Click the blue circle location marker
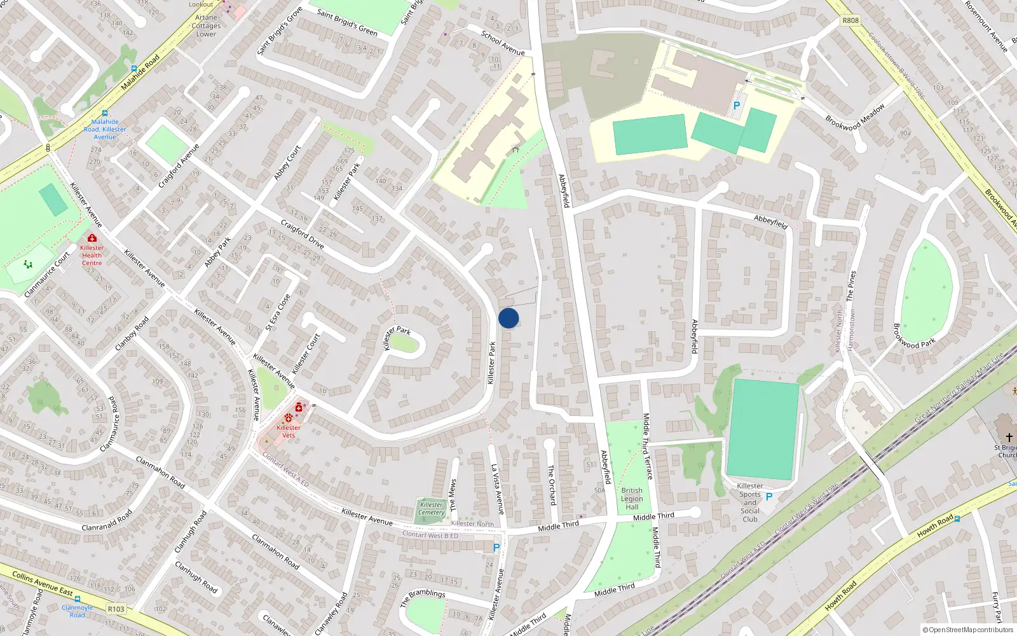click(508, 318)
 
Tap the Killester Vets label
click(289, 431)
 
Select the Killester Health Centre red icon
click(92, 238)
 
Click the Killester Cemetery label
click(432, 509)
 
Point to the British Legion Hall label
click(632, 499)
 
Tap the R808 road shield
click(850, 20)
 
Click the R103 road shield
click(116, 609)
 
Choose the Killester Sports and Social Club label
click(750, 502)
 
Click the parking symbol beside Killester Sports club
click(769, 497)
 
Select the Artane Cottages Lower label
click(206, 26)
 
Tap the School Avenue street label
click(503, 43)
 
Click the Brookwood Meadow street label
click(855, 118)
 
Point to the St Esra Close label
click(278, 312)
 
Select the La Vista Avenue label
click(497, 489)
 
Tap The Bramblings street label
click(423, 597)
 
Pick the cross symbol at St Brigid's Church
click(1009, 438)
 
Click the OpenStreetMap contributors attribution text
click(967, 630)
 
